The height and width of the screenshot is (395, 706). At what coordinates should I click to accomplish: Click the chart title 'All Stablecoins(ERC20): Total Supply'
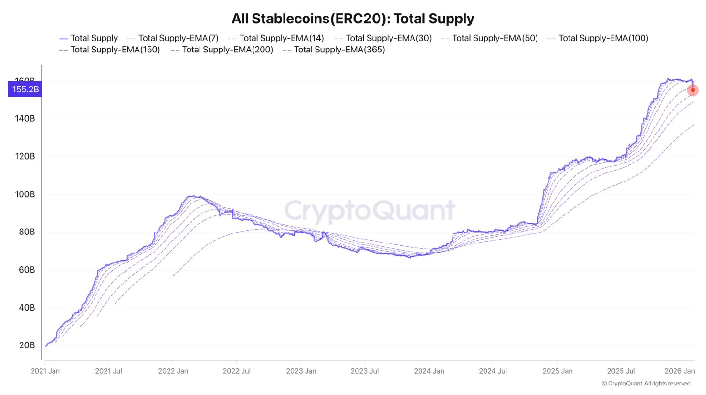click(353, 19)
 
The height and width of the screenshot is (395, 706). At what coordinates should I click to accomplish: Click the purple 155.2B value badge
click(25, 90)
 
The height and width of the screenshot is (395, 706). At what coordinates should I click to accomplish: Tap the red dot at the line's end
click(693, 90)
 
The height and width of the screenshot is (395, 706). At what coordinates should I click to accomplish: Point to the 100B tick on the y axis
click(25, 194)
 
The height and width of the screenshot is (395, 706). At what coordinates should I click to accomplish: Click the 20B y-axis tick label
click(27, 345)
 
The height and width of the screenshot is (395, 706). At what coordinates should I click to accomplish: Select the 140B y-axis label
click(25, 119)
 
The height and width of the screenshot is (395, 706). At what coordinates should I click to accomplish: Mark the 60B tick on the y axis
click(27, 270)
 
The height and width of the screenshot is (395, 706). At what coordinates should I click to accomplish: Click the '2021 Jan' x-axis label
click(45, 371)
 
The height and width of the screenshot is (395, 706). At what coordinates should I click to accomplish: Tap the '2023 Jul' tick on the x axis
click(365, 371)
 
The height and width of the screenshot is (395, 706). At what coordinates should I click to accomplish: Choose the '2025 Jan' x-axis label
click(557, 371)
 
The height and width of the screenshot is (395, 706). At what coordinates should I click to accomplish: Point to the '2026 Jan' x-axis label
click(679, 371)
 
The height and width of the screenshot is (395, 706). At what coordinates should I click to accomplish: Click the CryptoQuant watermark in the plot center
click(370, 210)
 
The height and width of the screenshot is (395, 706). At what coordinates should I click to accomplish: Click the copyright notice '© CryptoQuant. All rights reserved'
click(646, 384)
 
